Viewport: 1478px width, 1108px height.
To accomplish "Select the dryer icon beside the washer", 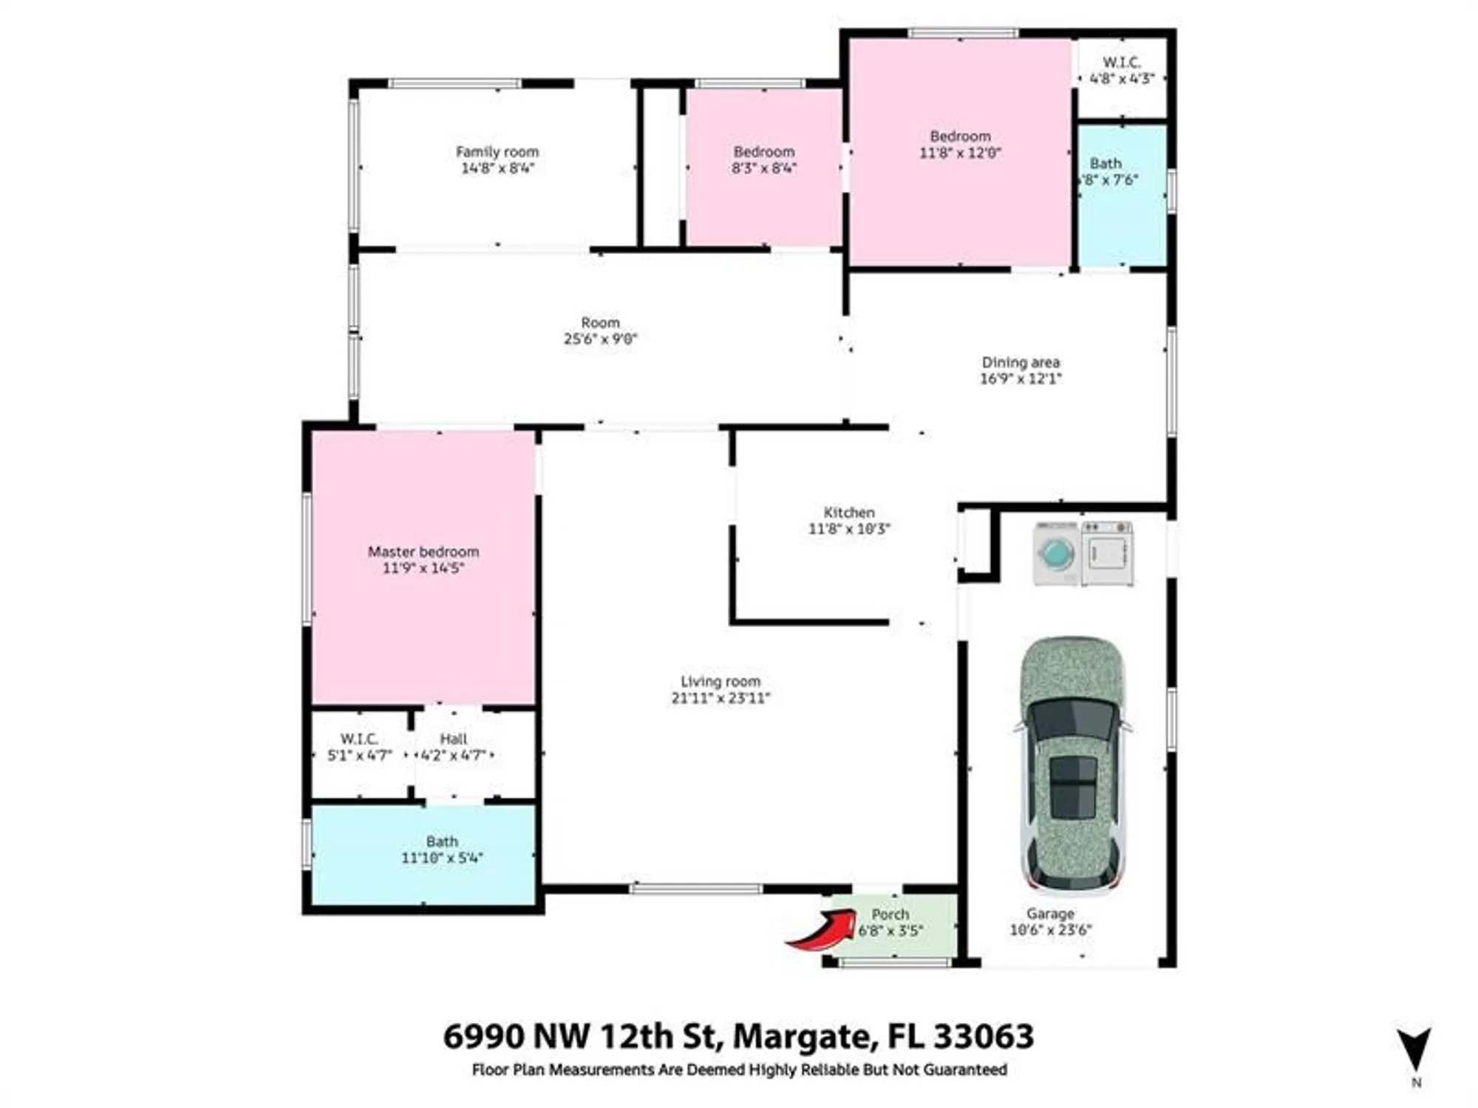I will (1107, 553).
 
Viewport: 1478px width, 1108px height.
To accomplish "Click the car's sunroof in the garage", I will (1072, 787).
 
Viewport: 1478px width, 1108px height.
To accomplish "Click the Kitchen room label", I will (848, 512).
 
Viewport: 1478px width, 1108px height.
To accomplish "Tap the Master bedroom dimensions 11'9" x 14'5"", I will (423, 568).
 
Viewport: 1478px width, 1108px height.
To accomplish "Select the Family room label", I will (497, 151).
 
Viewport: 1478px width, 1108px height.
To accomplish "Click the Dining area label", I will (1020, 362).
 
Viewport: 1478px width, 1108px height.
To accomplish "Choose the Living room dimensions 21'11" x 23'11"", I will (720, 698).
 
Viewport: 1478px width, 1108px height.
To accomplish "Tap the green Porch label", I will (890, 914).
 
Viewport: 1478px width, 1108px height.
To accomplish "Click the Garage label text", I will (1049, 914).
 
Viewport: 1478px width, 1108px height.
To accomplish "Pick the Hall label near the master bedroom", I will (453, 739).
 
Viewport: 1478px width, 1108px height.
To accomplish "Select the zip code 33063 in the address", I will (983, 1036).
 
